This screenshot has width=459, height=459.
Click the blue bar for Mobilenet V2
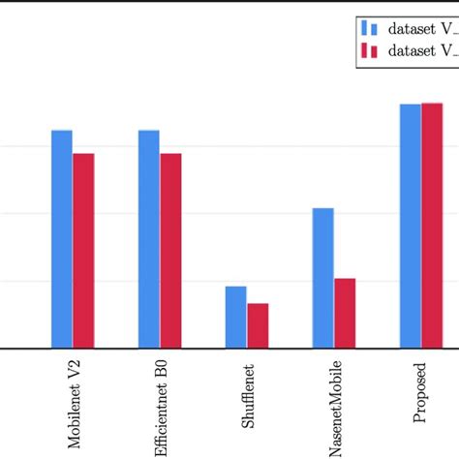(62, 238)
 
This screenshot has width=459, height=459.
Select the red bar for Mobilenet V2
(83, 250)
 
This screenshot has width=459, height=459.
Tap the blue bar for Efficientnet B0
(149, 238)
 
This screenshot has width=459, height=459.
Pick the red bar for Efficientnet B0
(170, 250)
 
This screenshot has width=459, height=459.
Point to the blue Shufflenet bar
(236, 317)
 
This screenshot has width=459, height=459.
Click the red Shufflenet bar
(258, 325)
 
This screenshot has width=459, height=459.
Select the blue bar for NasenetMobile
(323, 278)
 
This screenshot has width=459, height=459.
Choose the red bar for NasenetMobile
(345, 313)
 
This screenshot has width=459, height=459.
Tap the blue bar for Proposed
(411, 226)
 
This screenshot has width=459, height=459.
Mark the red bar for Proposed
(432, 225)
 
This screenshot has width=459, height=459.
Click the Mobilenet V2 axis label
(75, 408)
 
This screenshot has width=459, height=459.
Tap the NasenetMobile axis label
(336, 409)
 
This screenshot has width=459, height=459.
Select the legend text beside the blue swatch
(416, 28)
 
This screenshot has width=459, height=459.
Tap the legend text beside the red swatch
(416, 51)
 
